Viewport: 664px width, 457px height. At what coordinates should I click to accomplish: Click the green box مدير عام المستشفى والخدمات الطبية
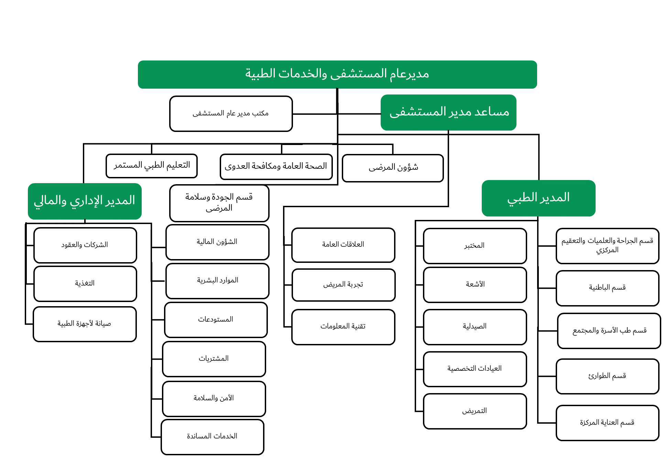tap(337, 74)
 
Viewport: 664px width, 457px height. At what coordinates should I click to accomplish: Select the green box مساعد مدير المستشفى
tap(448, 112)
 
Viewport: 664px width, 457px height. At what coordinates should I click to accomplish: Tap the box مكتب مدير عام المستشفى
tap(231, 113)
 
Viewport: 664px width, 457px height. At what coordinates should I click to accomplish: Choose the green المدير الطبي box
tap(538, 198)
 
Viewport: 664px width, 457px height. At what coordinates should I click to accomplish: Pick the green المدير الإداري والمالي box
tap(85, 201)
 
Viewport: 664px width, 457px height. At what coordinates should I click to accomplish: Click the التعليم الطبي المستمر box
tap(152, 166)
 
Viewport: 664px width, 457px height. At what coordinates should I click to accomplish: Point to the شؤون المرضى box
tap(393, 168)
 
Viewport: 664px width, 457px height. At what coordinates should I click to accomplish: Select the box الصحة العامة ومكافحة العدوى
tap(276, 167)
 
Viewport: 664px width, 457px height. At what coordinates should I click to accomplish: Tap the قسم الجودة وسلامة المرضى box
tap(219, 203)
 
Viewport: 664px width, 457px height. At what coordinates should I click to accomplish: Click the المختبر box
tap(475, 246)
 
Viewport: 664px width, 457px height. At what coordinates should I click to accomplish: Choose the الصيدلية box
tap(475, 326)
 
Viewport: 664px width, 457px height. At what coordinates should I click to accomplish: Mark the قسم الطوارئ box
tap(607, 376)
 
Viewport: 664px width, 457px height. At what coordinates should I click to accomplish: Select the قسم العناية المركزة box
tap(607, 422)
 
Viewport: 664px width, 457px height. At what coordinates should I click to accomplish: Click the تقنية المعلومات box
tap(343, 326)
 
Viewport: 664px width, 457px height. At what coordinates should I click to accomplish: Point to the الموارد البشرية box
tap(217, 280)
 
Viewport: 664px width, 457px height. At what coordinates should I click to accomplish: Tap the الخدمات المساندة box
tap(212, 436)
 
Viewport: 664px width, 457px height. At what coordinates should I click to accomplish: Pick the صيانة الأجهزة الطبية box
tap(85, 324)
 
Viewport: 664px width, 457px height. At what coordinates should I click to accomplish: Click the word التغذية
tap(85, 283)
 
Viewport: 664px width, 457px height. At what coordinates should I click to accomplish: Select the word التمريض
tap(475, 411)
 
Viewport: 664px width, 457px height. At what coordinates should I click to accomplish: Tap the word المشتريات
tap(214, 359)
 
